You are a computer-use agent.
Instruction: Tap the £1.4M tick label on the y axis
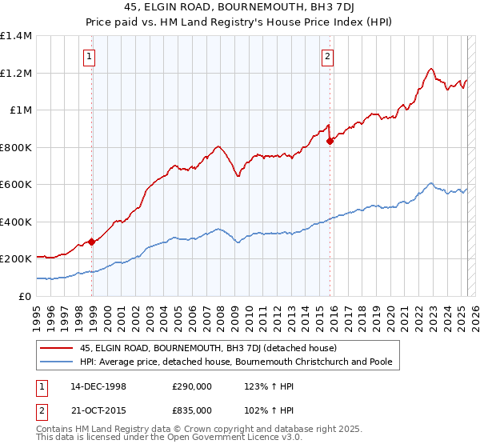[15, 36]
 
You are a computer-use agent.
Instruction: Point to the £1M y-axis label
[20, 110]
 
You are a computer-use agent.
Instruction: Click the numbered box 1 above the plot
[88, 56]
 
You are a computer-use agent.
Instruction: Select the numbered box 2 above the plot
[328, 56]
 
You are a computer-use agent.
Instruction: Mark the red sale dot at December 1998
[92, 242]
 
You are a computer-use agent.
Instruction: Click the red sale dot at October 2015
[330, 141]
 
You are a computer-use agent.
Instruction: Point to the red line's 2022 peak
[431, 69]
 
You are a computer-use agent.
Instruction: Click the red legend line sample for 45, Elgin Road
[57, 348]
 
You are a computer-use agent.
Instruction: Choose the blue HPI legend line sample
[57, 362]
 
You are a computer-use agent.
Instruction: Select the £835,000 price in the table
[193, 410]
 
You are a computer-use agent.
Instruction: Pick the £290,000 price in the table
[193, 386]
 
